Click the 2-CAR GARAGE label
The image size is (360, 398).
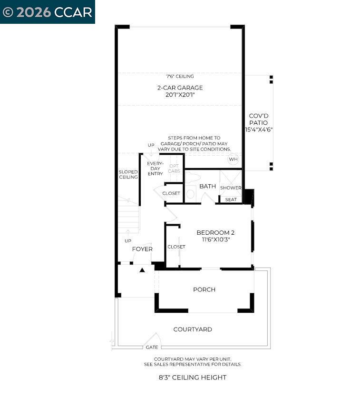coord(180,88)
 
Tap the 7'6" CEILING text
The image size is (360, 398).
coord(180,76)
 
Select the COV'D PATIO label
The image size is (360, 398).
coord(258,119)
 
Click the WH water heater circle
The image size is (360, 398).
coord(233,159)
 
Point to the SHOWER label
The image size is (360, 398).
coord(231,188)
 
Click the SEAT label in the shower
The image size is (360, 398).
coord(231,199)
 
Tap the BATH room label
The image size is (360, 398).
coord(207,186)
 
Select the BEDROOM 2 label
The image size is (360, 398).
coord(215,233)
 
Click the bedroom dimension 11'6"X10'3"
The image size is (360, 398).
coord(215,240)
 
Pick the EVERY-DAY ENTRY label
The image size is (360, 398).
coord(155,169)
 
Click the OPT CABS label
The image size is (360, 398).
coord(174,169)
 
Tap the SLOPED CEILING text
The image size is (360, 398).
coord(128,174)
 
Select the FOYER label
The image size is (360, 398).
coord(142,249)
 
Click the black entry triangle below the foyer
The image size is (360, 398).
coord(142,270)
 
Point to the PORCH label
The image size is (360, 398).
coord(204,289)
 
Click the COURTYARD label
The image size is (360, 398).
coord(193,329)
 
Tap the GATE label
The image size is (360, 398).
coord(152,348)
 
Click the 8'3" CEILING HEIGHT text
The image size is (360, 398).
coord(193,378)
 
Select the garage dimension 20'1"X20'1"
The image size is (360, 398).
coord(180,95)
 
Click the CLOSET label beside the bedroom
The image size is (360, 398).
coord(176,247)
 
